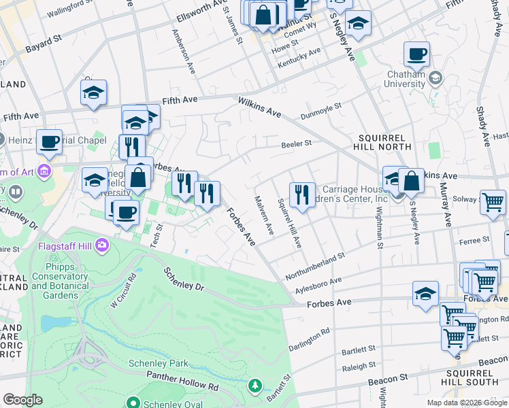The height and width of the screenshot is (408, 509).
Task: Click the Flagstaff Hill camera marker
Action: pyautogui.click(x=102, y=244)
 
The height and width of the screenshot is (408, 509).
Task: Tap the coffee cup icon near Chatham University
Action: pyautogui.click(x=416, y=54)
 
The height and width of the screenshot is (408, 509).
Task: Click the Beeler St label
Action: pyautogui.click(x=297, y=143)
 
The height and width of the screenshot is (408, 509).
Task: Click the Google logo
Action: pyautogui.click(x=22, y=400)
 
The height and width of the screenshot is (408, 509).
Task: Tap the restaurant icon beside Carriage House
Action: pyautogui.click(x=300, y=195)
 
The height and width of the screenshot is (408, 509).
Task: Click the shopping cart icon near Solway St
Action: pyautogui.click(x=492, y=202)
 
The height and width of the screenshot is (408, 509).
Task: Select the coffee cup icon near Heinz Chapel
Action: pyautogui.click(x=49, y=141)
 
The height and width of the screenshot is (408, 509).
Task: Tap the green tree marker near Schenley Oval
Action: pyautogui.click(x=255, y=386)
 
